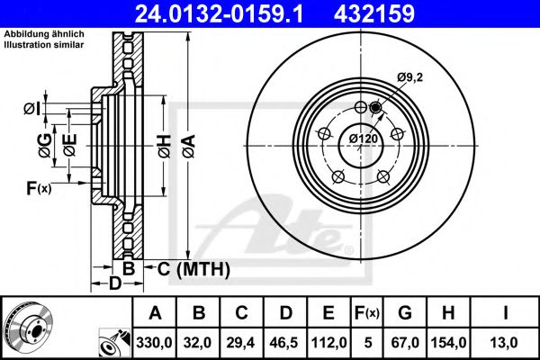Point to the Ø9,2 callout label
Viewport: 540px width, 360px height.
410,78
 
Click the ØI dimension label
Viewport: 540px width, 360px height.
31,110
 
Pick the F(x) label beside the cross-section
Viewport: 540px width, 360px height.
38,188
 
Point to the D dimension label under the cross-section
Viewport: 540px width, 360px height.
114,285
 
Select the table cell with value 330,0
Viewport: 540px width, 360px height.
155,342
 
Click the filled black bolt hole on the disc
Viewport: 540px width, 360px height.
375,110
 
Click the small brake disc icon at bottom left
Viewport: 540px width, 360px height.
26,327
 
